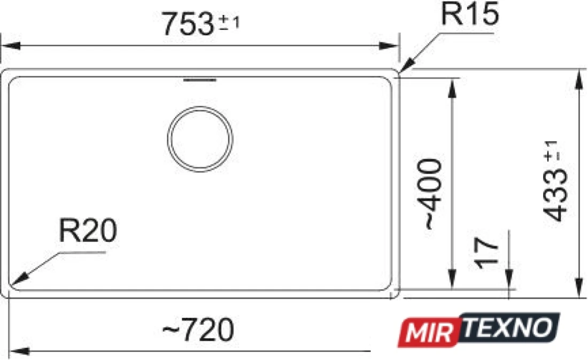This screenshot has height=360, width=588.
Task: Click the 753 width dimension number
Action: coord(188,24)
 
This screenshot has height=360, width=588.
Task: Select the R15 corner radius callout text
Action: coord(469,14)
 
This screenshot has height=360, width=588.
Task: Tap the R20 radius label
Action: coord(88,230)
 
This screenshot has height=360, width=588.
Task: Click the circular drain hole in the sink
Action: coord(200,139)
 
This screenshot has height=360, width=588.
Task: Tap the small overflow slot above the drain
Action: coord(199,80)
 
